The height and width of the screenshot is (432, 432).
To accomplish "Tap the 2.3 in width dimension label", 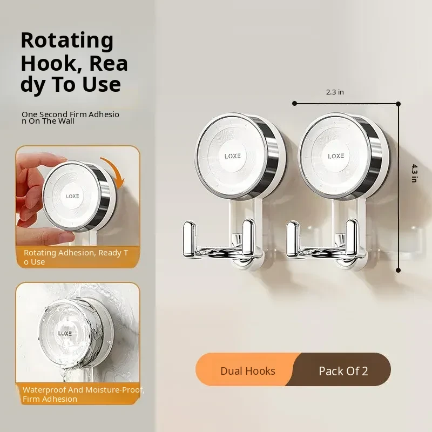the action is coord(335,92).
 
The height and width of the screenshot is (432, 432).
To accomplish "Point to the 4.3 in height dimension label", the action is coord(414,173).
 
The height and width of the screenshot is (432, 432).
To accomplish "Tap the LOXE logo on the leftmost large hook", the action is coord(233,156).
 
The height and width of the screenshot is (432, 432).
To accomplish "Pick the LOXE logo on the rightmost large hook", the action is coord(336,156).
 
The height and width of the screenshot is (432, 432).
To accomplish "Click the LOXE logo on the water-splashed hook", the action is coord(65,333).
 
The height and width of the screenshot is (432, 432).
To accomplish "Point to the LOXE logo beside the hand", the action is coord(72,196).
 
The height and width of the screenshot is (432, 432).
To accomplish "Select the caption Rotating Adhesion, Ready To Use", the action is coord(76,257).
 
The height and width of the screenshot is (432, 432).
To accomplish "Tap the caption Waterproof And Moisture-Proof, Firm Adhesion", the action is coord(83,394).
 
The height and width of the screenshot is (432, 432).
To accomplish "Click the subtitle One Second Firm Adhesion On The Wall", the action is coord(70,118).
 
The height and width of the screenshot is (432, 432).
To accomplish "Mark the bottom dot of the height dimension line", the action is coord(398,271).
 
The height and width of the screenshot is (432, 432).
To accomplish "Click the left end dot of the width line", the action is coord(294,103).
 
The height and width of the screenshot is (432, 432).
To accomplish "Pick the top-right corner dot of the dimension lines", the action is coord(398,104).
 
